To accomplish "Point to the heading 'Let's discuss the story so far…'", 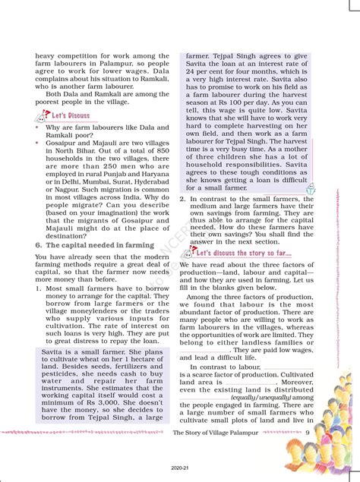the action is pos(245,252).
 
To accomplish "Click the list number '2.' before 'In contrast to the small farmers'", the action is pos(182,200).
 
